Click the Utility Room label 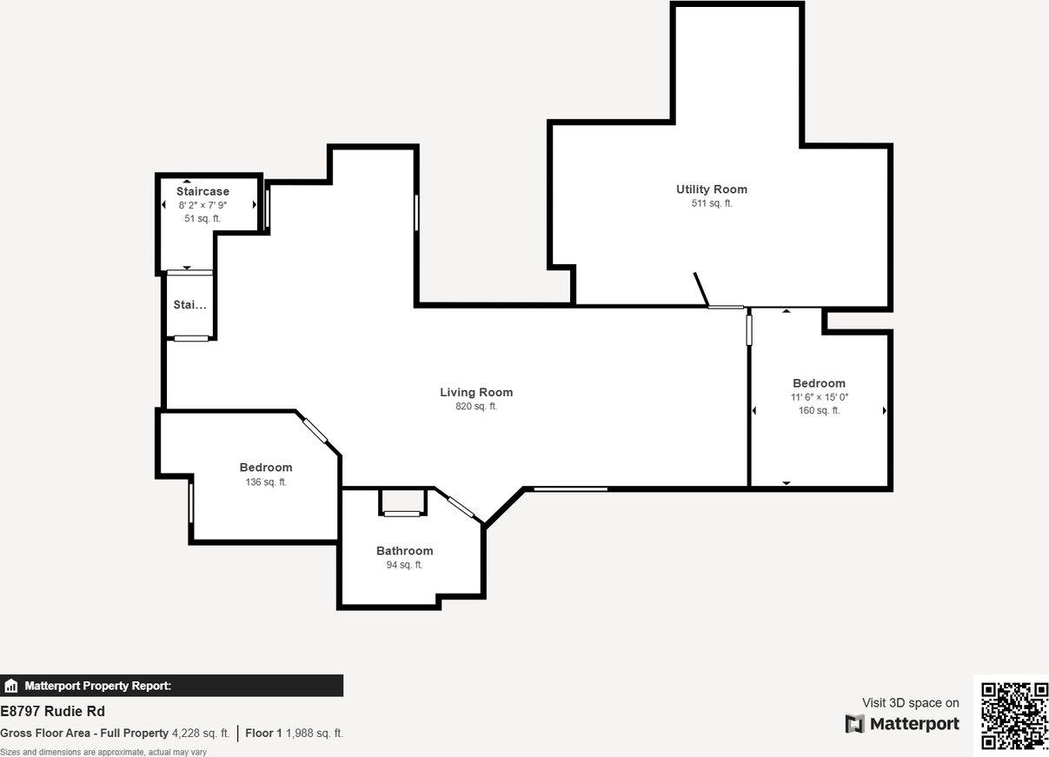[x=711, y=189]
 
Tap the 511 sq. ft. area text [x=711, y=203]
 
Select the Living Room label [x=476, y=393]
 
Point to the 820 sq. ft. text [x=476, y=407]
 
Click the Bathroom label [x=404, y=551]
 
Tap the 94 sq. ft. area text [x=404, y=565]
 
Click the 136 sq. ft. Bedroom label [x=266, y=468]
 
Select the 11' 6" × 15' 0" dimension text [x=819, y=397]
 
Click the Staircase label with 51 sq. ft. [x=202, y=192]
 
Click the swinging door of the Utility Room [x=701, y=289]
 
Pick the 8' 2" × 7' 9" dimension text [x=202, y=205]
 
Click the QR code [x=1014, y=715]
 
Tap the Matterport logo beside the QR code [x=902, y=724]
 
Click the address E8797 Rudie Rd [x=53, y=712]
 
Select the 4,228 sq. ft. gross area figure [x=201, y=734]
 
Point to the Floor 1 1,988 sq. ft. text [x=294, y=734]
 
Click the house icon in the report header [x=11, y=686]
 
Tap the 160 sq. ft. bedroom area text [x=819, y=411]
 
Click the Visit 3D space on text [x=910, y=703]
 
